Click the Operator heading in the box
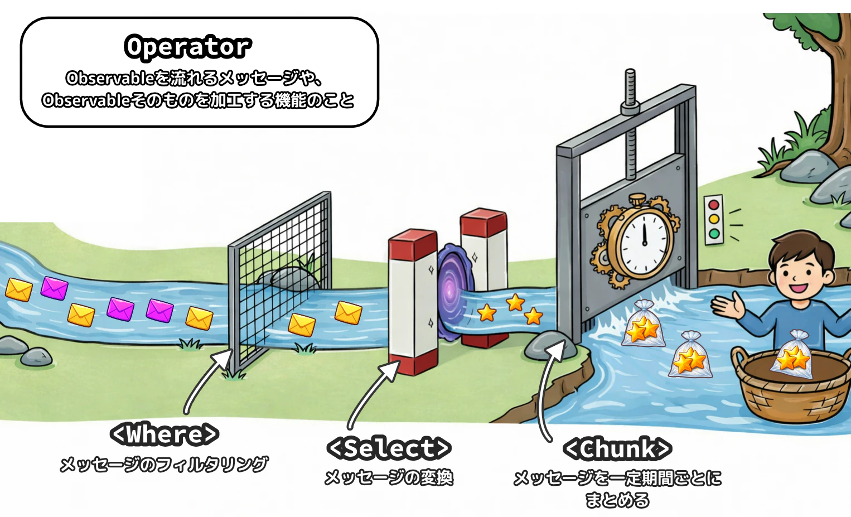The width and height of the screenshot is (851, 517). point(188,47)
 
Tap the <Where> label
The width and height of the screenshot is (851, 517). point(165,434)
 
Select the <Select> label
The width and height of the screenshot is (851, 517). point(389,448)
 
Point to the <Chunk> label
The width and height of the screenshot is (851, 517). point(617,448)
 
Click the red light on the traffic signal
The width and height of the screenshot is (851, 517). point(714,205)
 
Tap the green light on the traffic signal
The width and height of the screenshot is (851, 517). point(714,234)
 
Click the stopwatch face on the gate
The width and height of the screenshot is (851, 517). point(644,243)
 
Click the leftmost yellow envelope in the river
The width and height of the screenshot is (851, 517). point(19,290)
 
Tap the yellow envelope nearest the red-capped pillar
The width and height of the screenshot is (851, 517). point(349,313)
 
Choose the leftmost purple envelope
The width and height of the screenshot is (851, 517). point(55,288)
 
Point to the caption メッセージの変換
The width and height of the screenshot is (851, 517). point(389,478)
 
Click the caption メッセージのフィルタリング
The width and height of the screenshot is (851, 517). point(164,464)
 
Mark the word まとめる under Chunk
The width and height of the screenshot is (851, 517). point(617,500)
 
